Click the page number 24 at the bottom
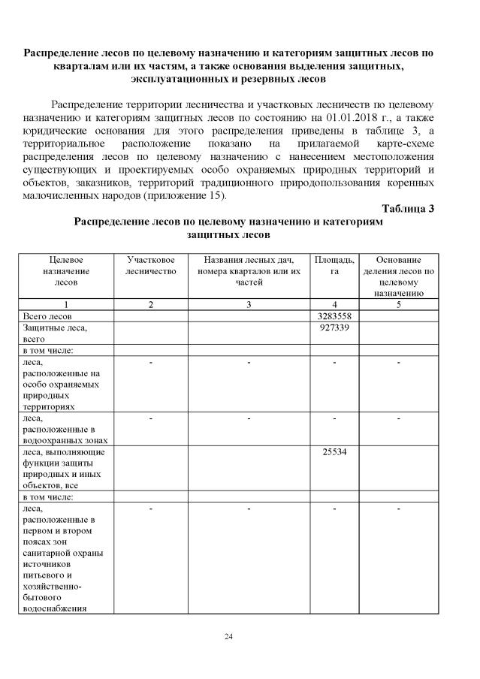229,637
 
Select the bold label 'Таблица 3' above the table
408,209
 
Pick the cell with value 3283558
334,316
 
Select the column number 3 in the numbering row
249,304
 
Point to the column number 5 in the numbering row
398,304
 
